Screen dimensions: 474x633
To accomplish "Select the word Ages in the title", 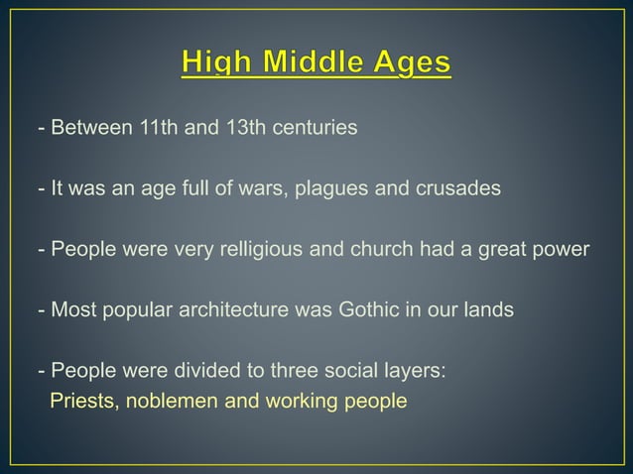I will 410,64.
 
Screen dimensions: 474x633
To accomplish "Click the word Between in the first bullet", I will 86,129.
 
